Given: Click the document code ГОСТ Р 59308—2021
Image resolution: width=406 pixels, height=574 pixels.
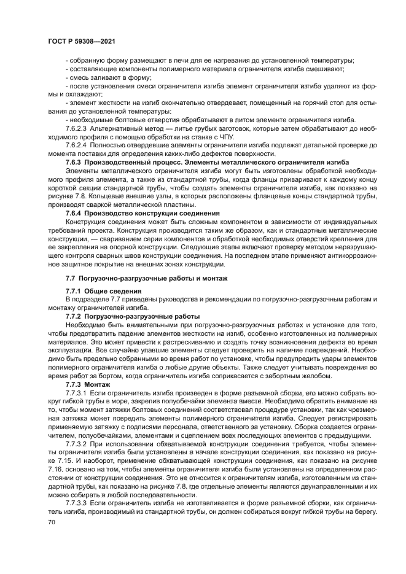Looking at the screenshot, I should click(x=82, y=41).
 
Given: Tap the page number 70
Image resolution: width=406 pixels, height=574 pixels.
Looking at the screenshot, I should click(x=52, y=521).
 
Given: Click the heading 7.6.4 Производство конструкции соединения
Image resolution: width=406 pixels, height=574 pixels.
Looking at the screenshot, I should click(x=138, y=212).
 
